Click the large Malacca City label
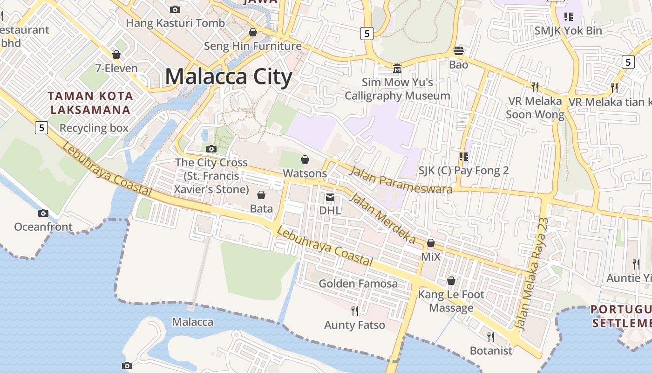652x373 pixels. (x=229, y=76)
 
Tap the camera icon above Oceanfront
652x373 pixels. (x=43, y=214)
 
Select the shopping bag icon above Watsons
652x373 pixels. (x=305, y=160)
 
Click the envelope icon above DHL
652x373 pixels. (x=330, y=197)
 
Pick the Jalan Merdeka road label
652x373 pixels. (x=382, y=218)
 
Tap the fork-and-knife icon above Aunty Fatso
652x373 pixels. (x=355, y=311)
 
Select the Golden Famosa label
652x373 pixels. (x=358, y=283)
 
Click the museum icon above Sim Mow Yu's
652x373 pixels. (x=397, y=69)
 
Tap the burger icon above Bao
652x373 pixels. (x=459, y=51)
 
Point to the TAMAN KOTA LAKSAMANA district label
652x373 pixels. (x=91, y=103)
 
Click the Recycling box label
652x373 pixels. (x=94, y=128)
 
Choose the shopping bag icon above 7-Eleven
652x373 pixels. (x=116, y=55)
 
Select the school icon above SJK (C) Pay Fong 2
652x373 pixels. (x=463, y=157)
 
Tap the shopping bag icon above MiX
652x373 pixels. (x=431, y=243)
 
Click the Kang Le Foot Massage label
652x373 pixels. (x=451, y=301)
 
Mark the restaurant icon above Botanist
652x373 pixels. (x=490, y=337)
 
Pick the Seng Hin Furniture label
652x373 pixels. (x=253, y=46)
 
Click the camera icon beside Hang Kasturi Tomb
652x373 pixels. (x=175, y=9)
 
